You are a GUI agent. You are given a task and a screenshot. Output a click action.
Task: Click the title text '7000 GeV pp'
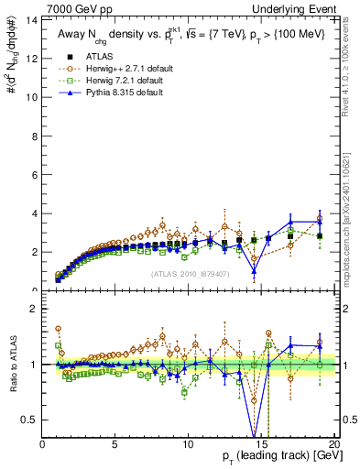72,8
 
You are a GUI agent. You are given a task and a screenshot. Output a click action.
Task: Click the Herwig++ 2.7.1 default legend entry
117,68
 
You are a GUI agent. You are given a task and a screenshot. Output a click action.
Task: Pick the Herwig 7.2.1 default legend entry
115,80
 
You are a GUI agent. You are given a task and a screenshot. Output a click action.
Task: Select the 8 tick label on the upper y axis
35,136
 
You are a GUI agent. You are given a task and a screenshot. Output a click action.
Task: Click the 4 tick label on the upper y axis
35,213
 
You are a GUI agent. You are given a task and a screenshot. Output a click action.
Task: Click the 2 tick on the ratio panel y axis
35,309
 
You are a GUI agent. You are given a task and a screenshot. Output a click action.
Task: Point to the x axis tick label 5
115,444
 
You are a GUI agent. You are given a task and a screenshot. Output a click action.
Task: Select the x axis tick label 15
261,444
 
